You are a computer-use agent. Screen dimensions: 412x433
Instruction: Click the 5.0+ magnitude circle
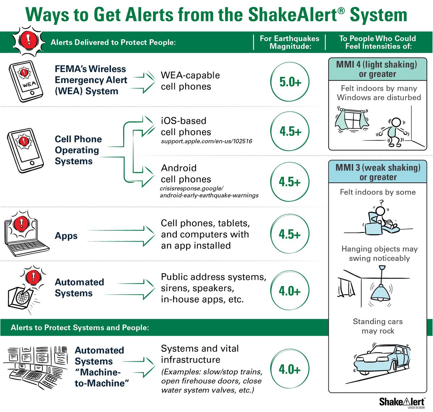coord(290,82)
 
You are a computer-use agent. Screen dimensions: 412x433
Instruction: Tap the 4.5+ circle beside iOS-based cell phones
coord(290,131)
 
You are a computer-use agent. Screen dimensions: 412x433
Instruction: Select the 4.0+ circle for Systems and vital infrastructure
coord(290,369)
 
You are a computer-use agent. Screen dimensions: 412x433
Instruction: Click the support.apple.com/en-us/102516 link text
coord(206,141)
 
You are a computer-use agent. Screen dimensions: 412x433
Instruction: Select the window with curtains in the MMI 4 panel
coord(352,119)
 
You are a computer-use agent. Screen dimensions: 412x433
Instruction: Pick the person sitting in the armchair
coord(381,220)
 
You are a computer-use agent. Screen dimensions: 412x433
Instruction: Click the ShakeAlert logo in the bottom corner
coord(401,402)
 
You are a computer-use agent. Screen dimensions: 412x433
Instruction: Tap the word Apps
coord(66,236)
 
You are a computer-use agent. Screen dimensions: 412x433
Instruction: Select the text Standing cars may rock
coord(377,326)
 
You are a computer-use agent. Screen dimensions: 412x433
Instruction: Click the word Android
coord(179,168)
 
